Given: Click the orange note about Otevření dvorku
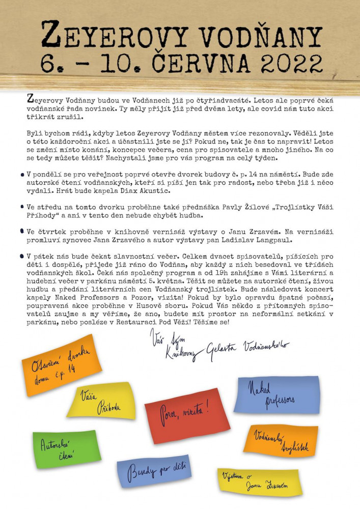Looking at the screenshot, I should [x=61, y=364].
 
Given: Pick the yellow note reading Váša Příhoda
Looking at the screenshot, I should [x=101, y=401].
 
